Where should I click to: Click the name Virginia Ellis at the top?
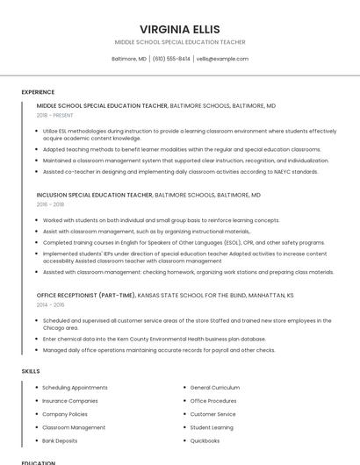click(x=180, y=29)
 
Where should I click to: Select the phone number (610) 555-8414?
click(x=171, y=59)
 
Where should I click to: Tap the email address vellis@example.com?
click(x=222, y=59)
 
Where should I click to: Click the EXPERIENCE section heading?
click(x=38, y=92)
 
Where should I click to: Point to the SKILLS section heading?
click(x=31, y=371)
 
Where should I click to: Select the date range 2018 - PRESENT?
click(x=55, y=115)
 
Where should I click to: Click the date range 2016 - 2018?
click(x=50, y=204)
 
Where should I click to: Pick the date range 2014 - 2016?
click(x=50, y=304)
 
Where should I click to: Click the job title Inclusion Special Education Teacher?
click(x=95, y=195)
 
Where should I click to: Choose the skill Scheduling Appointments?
click(x=75, y=387)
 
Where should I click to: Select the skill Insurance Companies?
click(x=70, y=400)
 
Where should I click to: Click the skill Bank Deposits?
click(x=60, y=440)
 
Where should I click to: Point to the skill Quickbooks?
click(x=205, y=440)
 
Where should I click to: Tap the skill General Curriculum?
click(x=214, y=387)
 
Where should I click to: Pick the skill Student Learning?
click(x=212, y=427)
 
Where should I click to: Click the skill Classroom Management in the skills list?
click(x=74, y=427)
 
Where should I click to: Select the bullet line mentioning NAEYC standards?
click(x=180, y=172)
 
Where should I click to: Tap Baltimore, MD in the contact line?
click(x=129, y=59)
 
